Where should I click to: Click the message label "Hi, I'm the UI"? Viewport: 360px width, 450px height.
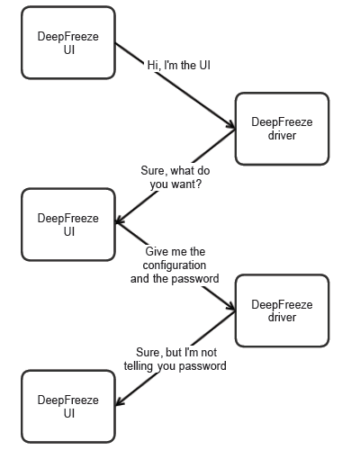pos(179,65)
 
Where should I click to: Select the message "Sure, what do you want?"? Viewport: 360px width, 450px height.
pos(175,177)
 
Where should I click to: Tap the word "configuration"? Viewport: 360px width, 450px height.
pos(175,265)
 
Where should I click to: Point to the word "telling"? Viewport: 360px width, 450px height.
pos(139,366)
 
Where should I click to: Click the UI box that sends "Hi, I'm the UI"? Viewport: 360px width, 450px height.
pos(68,42)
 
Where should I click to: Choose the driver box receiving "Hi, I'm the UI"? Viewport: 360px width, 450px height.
pos(282,129)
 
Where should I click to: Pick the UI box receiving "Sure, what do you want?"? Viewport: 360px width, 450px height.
pos(68,224)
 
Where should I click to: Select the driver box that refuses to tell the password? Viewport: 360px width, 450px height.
pos(282,310)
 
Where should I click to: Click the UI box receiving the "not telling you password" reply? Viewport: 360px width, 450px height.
pos(68,407)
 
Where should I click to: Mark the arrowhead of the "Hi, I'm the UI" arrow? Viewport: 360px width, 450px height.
pos(233,127)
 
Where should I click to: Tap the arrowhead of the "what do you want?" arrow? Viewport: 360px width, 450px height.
pos(118,220)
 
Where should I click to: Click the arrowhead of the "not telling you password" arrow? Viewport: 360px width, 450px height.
pos(118,402)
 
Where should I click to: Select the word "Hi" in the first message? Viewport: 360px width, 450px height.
pos(153,65)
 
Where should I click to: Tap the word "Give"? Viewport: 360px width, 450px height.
pos(155,251)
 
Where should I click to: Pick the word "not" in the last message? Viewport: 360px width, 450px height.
pos(209,352)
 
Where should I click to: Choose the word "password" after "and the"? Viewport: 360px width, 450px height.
pos(195,279)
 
